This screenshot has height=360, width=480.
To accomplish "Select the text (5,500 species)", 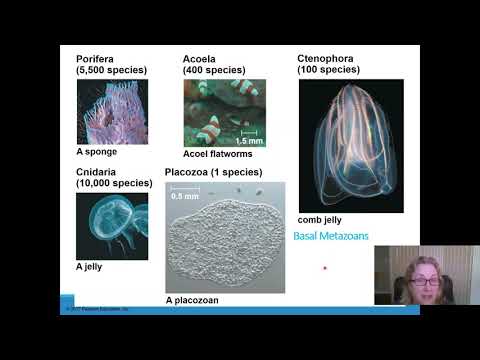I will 111,70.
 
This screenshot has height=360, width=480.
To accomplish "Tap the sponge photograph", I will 111,111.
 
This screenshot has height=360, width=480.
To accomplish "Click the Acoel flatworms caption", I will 216,154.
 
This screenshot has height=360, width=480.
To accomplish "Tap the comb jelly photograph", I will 350,145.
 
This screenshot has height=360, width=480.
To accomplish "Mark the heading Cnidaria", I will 99,172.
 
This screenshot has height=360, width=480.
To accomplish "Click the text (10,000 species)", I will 115,184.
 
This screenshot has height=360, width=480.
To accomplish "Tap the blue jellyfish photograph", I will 111,225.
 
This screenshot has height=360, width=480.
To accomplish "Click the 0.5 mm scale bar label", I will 183,196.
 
